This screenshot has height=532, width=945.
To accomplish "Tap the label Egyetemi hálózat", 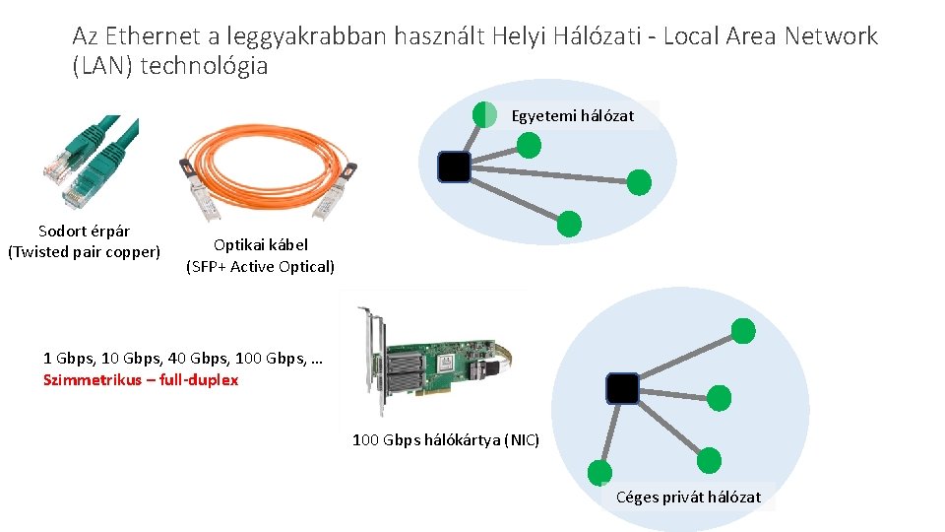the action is (572, 116).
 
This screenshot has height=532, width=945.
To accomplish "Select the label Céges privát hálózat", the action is (688, 498).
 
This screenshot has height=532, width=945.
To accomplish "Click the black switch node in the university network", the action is (454, 166).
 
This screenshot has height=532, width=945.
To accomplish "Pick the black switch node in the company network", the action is (622, 389).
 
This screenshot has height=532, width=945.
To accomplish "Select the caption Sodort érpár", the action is (84, 232).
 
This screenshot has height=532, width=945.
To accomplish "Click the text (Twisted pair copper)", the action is (84, 252).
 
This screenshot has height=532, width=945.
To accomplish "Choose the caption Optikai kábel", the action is (260, 245).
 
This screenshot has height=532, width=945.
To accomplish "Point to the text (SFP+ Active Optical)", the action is (260, 267).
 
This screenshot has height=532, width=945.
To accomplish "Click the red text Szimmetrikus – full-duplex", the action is (141, 380).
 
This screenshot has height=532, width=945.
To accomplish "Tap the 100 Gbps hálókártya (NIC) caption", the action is (446, 440).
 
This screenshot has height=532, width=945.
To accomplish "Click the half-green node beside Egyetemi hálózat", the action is (484, 115).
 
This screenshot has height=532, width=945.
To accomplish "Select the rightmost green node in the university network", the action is (639, 182).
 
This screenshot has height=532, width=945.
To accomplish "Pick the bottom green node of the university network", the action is (569, 225).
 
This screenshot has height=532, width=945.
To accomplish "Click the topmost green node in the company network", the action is (744, 331).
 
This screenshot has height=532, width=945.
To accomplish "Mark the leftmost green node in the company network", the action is (598, 473).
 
